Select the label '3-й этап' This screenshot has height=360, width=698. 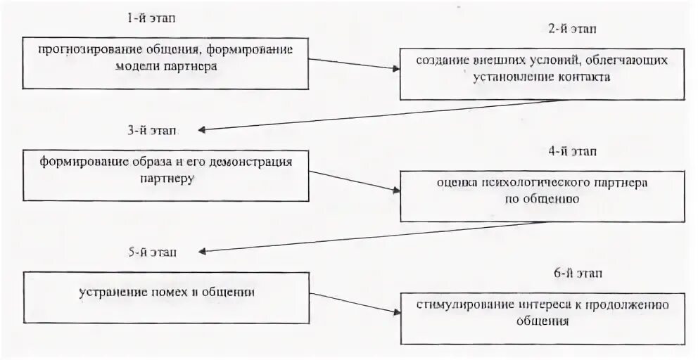[x=153, y=130]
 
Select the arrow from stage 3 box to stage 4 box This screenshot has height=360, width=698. [x=354, y=180]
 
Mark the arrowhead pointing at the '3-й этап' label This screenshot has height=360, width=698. [x=203, y=130]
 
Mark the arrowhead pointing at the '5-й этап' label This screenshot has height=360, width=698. [x=203, y=251]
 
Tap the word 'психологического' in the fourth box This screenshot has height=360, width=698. [x=536, y=183]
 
